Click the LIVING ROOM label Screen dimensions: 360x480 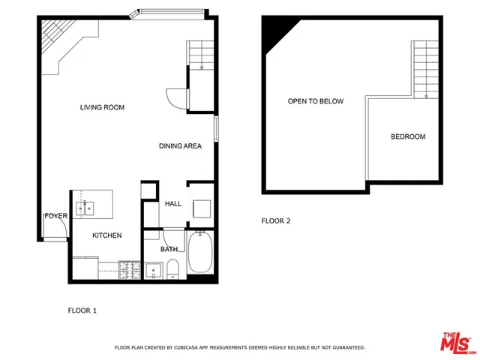click(102, 107)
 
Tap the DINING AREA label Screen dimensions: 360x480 click(180, 145)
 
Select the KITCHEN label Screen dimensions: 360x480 click(106, 235)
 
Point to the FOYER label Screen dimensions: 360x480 click(56, 216)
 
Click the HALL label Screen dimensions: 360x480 click(173, 203)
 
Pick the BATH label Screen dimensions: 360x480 click(169, 249)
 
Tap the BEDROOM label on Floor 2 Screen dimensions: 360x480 click(408, 136)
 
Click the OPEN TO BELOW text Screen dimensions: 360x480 click(315, 100)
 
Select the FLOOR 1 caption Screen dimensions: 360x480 click(82, 310)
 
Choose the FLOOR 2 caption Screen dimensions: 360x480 click(275, 220)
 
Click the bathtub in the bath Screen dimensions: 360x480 click(200, 254)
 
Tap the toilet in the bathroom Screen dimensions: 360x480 click(172, 268)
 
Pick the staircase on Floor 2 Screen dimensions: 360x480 click(425, 68)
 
